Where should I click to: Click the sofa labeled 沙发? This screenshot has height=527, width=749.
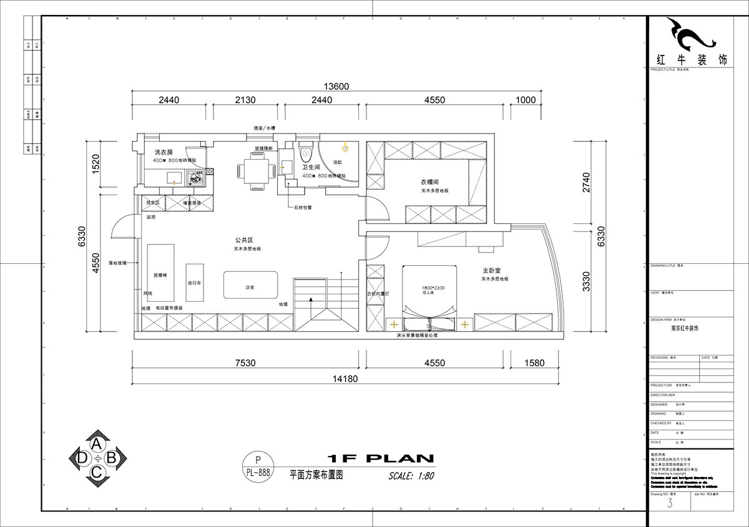(250, 286)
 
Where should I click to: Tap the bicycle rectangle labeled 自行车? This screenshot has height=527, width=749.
(194, 283)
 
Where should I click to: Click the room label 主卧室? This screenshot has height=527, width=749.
(493, 271)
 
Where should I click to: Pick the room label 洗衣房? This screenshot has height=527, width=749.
(163, 152)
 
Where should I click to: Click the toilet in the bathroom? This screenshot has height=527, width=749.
(305, 152)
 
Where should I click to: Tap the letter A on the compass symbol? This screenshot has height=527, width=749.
(97, 443)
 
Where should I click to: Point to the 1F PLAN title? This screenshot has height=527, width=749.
(380, 458)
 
